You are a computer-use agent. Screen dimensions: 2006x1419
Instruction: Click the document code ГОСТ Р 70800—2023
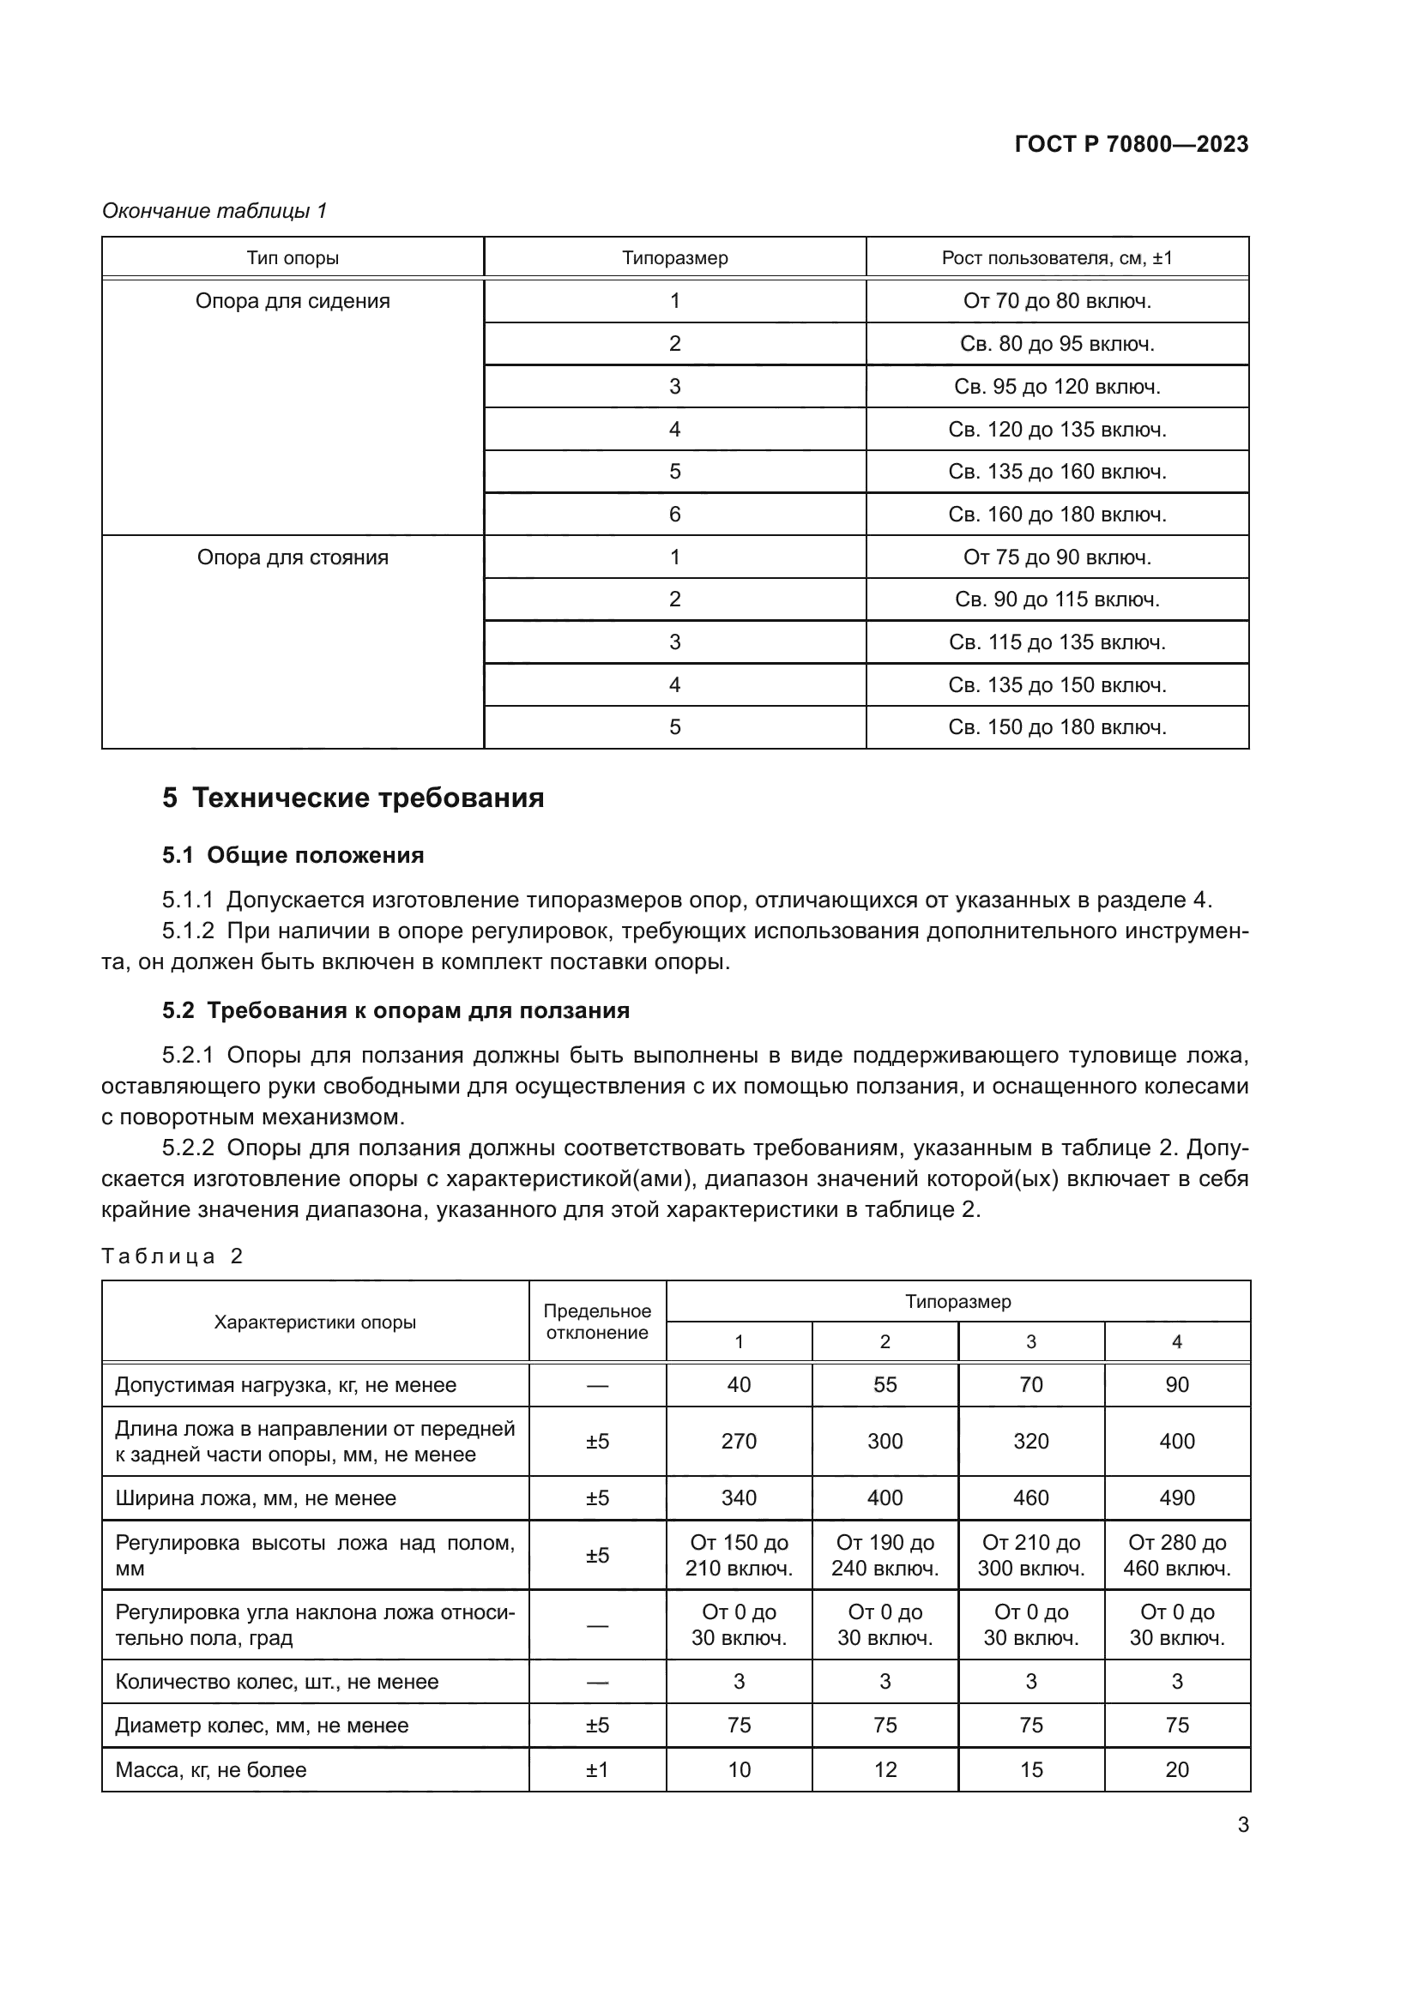1131,144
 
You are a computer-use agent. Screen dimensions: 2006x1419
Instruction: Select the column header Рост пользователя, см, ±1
1056,258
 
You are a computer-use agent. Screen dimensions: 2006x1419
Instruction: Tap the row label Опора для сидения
293,301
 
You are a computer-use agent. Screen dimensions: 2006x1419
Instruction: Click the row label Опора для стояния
293,557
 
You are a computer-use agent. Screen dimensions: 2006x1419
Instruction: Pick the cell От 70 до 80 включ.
1056,301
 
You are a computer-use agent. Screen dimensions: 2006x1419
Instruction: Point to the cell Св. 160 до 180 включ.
1056,515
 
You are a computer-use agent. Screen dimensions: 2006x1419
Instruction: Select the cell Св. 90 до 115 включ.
1056,599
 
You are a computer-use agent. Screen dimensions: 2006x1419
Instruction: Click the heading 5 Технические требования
353,798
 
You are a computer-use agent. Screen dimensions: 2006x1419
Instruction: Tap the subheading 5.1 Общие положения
293,855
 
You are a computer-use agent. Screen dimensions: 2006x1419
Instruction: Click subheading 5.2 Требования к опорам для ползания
396,1011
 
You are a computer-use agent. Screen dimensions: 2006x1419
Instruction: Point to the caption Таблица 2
172,1256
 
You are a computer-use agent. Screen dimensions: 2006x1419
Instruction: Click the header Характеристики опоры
315,1322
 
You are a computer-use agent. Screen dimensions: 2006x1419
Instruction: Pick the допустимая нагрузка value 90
1176,1385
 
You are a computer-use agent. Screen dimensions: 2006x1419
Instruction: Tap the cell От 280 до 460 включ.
1176,1555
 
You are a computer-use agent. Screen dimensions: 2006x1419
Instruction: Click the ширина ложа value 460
1030,1498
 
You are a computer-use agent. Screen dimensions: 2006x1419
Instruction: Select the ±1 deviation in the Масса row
597,1770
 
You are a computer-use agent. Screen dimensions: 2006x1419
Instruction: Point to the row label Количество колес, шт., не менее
276,1682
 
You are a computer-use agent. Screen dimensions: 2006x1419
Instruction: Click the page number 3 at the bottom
1242,1825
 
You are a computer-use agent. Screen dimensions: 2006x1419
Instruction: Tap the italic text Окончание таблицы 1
214,211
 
